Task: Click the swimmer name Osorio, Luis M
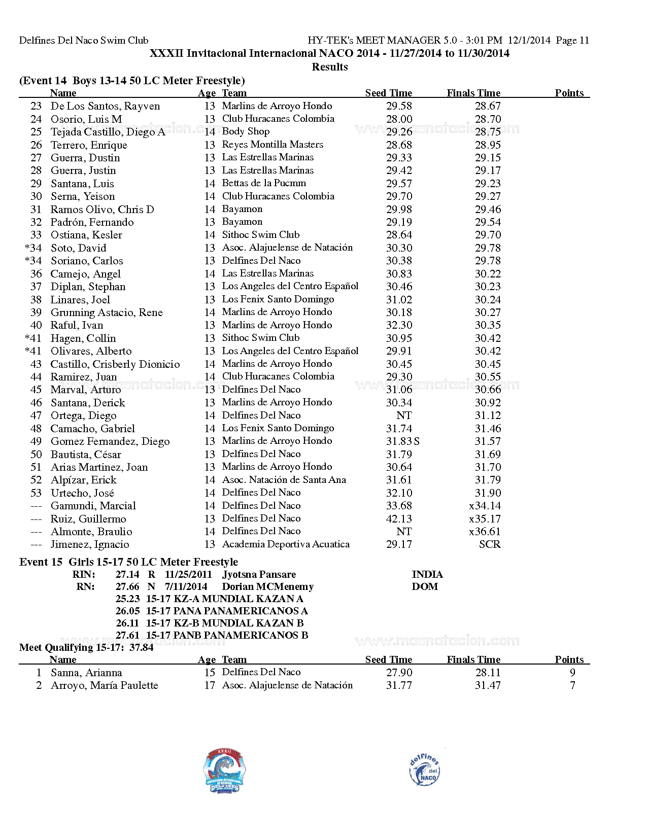tap(86, 119)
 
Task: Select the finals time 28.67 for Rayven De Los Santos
tap(488, 106)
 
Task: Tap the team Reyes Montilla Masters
tap(273, 145)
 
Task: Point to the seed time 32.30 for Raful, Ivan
tap(399, 325)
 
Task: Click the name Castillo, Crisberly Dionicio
tap(115, 364)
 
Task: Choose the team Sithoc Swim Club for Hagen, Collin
tap(261, 338)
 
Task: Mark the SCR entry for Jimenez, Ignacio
tap(490, 544)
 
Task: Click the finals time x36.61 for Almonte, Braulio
tap(485, 532)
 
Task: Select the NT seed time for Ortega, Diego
tap(404, 415)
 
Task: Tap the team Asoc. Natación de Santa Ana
tap(284, 480)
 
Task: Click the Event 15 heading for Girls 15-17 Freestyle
tap(128, 562)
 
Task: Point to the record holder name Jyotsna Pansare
tap(259, 575)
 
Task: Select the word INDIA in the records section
tap(427, 575)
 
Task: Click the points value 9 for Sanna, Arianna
tap(572, 673)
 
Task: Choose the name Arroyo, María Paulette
tap(105, 685)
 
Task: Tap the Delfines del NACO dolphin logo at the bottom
tap(424, 770)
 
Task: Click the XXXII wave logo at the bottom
tap(224, 771)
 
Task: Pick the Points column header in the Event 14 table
tap(569, 93)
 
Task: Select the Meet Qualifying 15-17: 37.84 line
tap(86, 648)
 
